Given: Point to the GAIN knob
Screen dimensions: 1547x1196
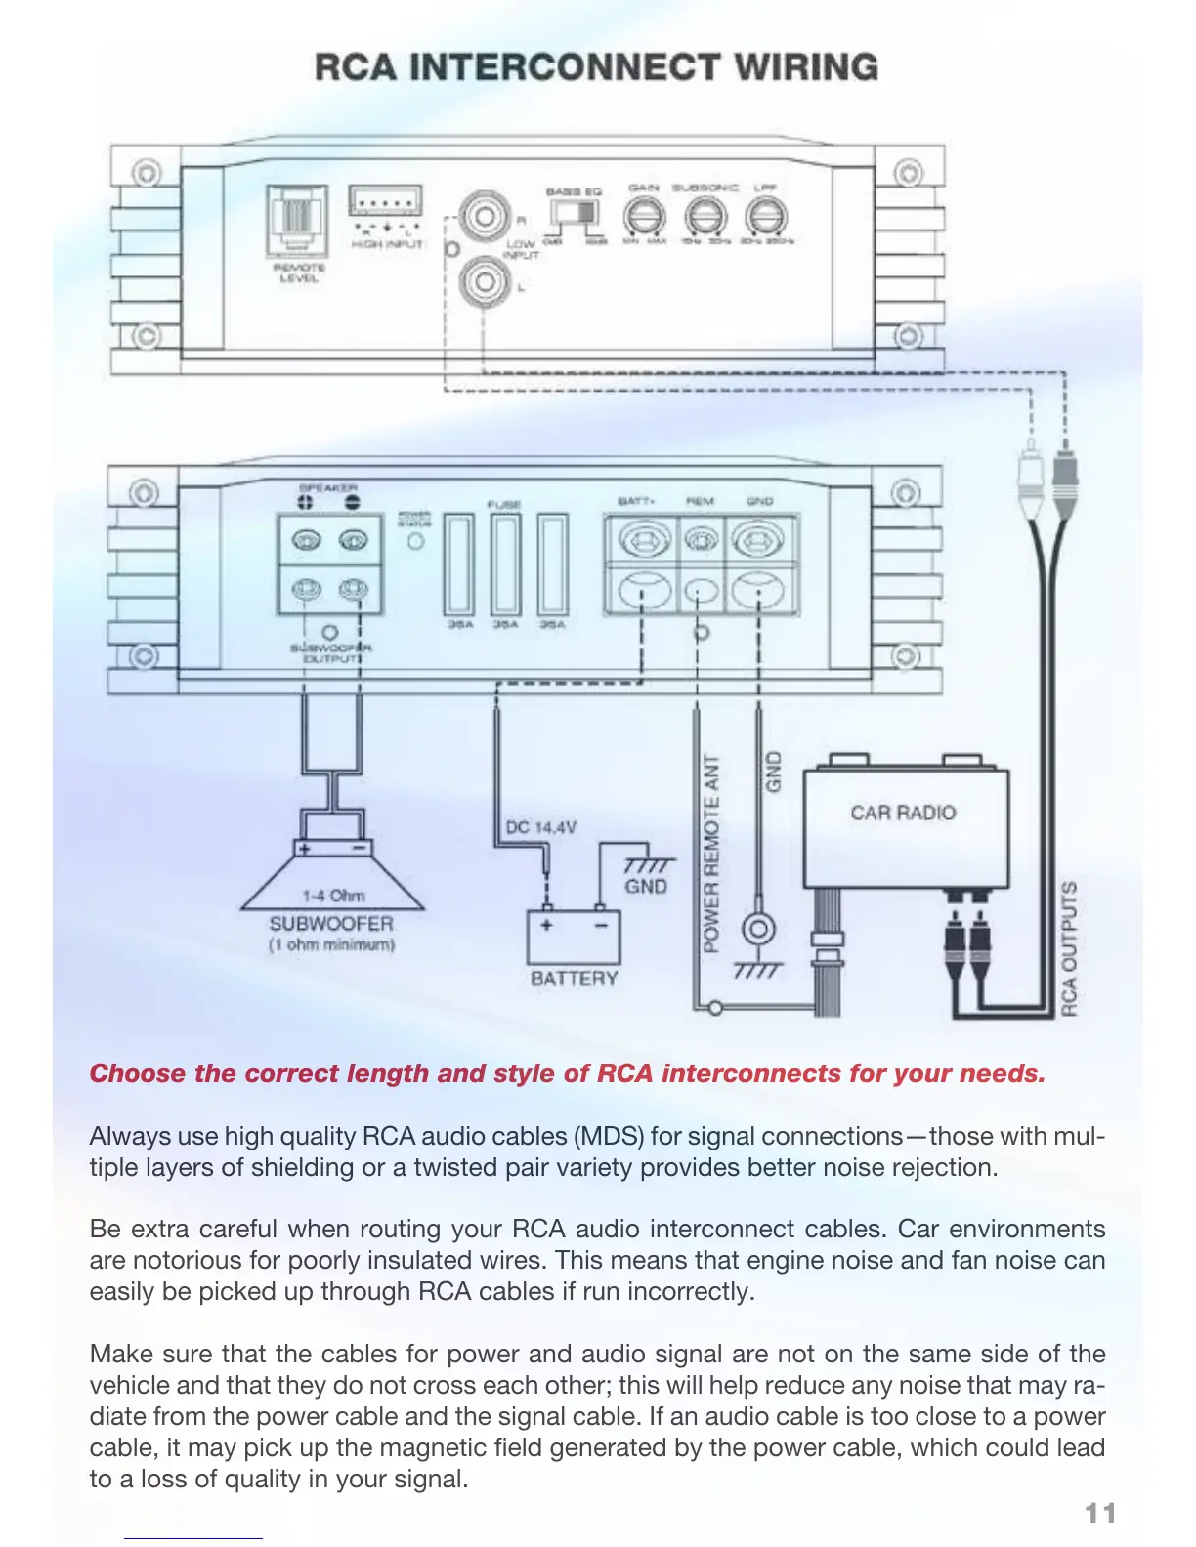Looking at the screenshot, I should pos(644,216).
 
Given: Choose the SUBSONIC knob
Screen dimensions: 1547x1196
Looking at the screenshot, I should pos(705,216).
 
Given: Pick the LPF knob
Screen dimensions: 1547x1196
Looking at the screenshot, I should pos(765,216).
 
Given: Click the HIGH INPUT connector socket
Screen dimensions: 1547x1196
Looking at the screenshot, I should pos(386,202).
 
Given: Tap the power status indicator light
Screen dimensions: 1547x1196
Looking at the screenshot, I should pos(416,541).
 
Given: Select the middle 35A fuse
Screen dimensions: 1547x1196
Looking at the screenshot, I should pos(505,564).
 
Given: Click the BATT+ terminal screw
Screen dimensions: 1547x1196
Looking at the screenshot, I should pos(641,539).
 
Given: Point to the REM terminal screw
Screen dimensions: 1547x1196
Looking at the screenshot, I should pos(700,539).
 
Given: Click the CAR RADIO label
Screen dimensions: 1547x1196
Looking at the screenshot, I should pos(903,813).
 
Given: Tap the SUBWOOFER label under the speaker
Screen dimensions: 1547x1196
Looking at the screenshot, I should pos(331,923).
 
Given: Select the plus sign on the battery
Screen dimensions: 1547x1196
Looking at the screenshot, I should pos(546,925).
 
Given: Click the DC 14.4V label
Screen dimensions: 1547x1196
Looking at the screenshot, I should pos(540,827).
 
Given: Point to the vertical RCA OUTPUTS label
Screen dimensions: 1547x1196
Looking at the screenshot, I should pos(1070,947).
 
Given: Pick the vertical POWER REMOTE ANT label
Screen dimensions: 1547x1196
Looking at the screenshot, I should pos(711,854).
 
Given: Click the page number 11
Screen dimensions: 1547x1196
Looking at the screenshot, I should pos(1100,1513).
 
